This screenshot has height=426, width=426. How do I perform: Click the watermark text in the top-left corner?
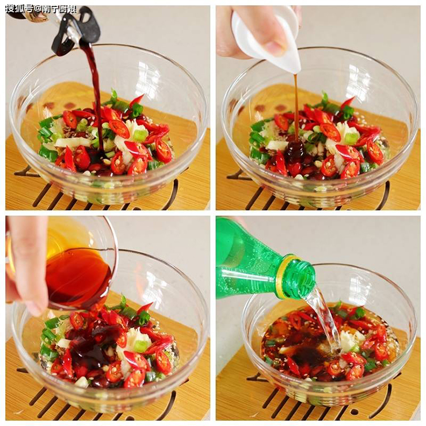[x=41, y=10]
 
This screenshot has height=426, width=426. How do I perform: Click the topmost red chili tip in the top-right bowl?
[x=353, y=98]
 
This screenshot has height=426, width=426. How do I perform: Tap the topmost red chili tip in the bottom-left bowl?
[x=151, y=303]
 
